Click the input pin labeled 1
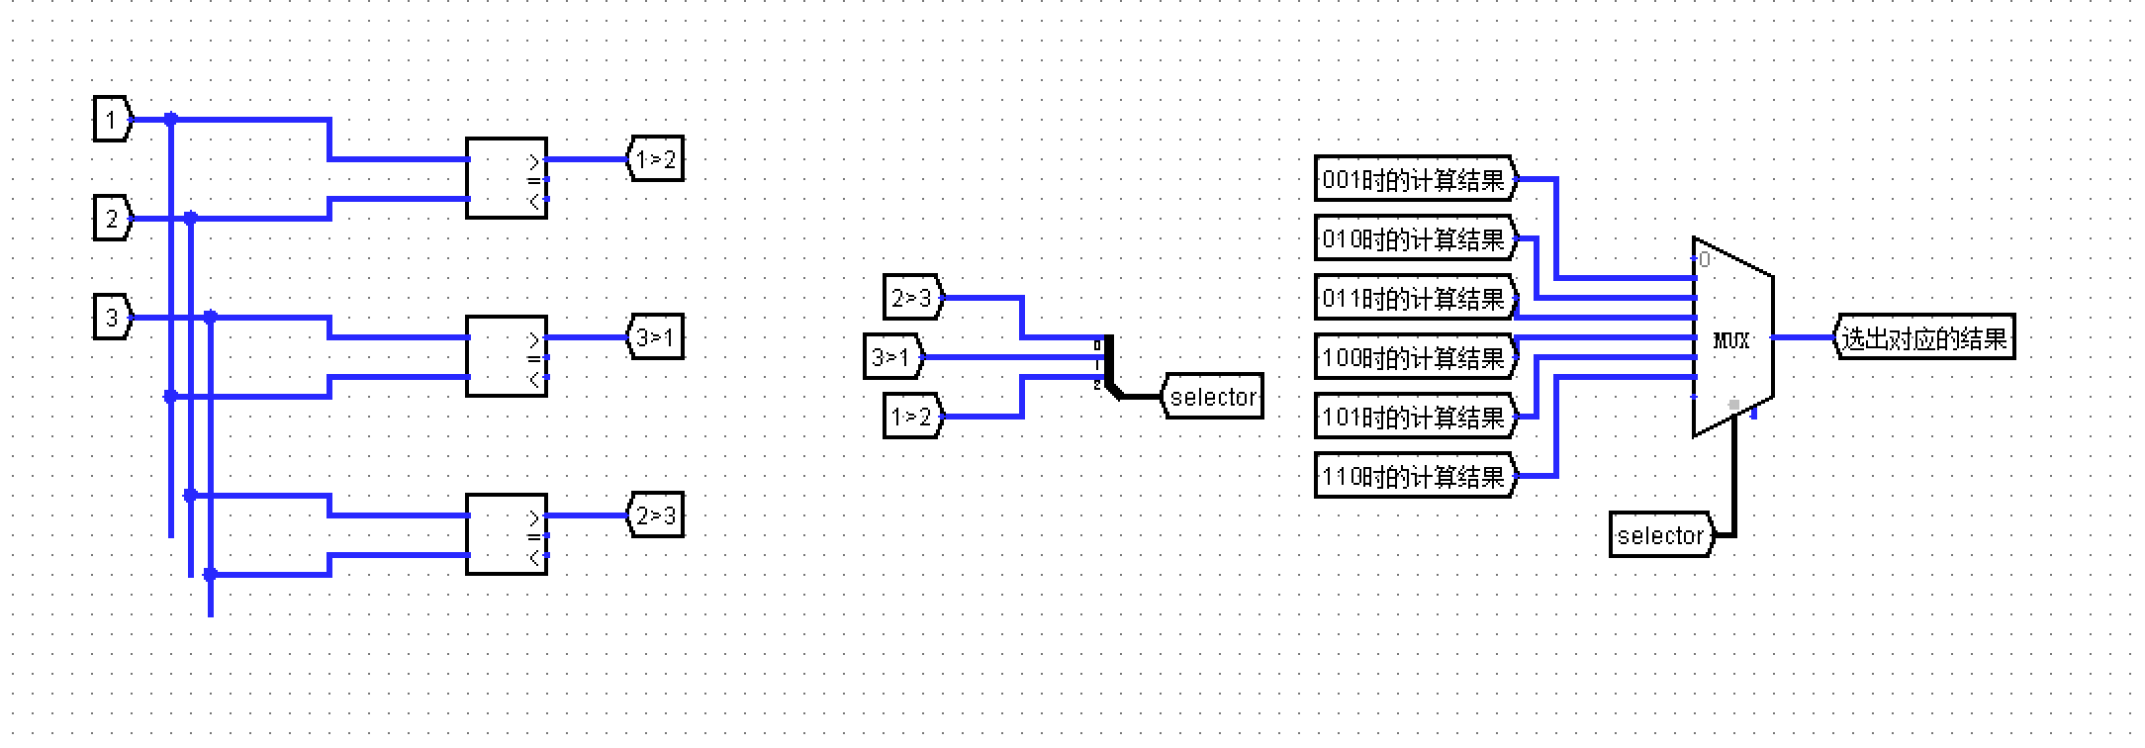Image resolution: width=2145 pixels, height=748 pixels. (112, 120)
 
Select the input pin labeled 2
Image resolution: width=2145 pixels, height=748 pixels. (112, 219)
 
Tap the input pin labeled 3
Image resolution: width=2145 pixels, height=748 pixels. (112, 318)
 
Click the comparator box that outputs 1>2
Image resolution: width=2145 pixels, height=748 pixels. (506, 178)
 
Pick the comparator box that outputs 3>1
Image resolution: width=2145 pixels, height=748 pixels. (506, 356)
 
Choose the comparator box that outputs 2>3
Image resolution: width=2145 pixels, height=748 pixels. (506, 534)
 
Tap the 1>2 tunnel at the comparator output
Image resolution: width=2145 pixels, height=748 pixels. (656, 159)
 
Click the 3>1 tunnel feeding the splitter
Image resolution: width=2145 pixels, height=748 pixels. (892, 357)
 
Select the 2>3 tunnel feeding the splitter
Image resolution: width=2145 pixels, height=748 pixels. (912, 298)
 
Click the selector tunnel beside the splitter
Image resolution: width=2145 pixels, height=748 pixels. (1213, 397)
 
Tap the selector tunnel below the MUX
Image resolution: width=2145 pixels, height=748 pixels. (1660, 535)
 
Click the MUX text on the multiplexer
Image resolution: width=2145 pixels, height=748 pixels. (1731, 341)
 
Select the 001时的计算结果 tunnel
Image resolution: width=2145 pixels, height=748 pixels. (1414, 180)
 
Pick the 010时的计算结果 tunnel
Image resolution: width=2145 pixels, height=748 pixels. (1414, 239)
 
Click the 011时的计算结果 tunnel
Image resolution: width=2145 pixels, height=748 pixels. (1414, 299)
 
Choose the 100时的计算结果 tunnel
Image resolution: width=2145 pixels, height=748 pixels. (1414, 358)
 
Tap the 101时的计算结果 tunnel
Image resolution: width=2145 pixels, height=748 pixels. (1414, 418)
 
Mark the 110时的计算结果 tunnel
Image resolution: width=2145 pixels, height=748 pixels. (1414, 477)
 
